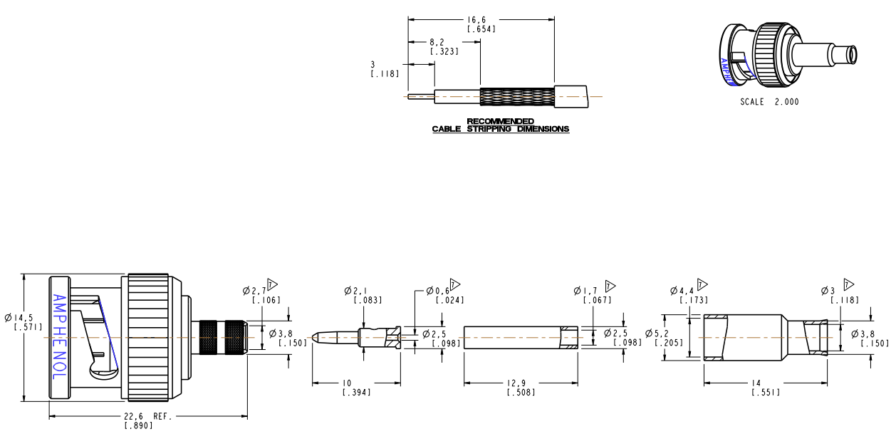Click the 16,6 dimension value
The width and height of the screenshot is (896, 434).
tap(481, 20)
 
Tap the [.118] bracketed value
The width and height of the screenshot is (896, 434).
tap(385, 74)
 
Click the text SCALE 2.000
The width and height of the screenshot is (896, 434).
tap(769, 102)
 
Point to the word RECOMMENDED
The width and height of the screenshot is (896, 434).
tap(500, 121)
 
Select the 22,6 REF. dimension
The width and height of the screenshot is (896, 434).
tap(146, 417)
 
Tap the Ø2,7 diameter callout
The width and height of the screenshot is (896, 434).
tap(254, 291)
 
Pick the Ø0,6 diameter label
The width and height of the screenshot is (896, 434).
tap(438, 291)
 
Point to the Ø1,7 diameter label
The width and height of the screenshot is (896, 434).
tap(586, 291)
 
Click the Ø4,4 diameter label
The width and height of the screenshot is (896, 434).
tap(682, 291)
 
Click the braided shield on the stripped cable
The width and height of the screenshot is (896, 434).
tap(516, 97)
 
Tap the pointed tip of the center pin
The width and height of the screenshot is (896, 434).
tap(316, 337)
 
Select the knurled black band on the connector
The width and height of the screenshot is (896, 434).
tap(222, 336)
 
